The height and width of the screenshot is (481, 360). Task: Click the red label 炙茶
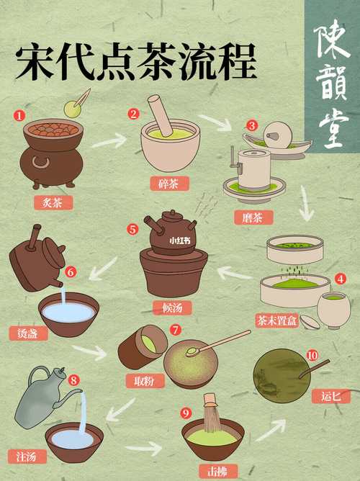pos(53,202)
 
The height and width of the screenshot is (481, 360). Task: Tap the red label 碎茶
pos(170,183)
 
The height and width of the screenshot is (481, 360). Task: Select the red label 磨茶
pos(253,216)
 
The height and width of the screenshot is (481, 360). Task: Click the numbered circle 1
pos(19,115)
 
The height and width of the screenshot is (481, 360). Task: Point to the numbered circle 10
pos(312,356)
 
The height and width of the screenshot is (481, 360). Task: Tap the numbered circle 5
pos(132,230)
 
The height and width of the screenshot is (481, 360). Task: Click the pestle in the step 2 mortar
pos(160,113)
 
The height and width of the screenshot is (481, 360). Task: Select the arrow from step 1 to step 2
pos(108,140)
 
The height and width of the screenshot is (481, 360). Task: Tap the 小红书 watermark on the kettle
pos(179,241)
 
